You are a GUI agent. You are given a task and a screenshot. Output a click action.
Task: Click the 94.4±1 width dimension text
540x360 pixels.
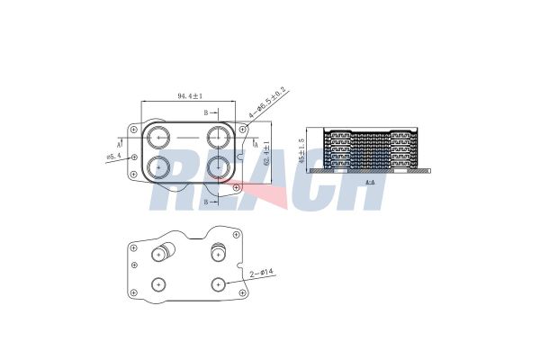coord(189,95)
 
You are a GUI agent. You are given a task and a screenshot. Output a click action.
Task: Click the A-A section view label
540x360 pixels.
coord(370,182)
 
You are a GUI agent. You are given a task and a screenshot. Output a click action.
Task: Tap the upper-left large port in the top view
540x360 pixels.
coord(159,138)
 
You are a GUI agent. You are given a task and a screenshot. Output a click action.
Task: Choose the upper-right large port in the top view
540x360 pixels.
coord(219,138)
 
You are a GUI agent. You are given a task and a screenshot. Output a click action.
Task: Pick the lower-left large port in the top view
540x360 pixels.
coord(159,167)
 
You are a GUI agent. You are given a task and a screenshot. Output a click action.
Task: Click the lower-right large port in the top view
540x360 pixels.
coord(219,167)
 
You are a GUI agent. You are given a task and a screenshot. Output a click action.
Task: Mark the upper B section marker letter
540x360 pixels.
coord(206,112)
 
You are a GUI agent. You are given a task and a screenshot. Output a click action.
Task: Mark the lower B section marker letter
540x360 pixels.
coord(206,202)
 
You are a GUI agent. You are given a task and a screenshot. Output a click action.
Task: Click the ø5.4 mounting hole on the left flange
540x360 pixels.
coord(134,158)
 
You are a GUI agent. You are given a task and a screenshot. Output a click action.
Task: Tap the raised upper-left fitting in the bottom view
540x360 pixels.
coord(162,251)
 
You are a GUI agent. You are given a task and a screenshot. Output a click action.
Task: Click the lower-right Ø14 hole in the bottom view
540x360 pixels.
coord(219,284)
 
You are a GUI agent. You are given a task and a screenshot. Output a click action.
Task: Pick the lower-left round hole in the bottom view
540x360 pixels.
coord(159,284)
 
